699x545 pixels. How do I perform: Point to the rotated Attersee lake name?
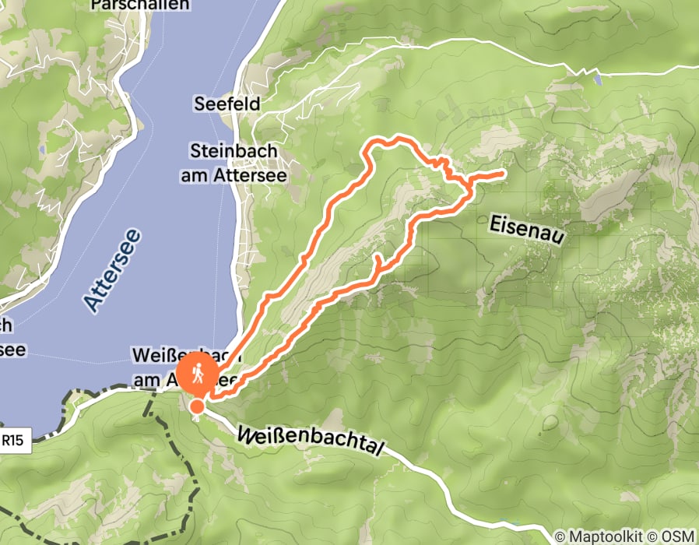pos(113,270)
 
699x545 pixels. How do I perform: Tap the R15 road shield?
pos(12,440)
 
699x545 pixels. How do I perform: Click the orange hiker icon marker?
pos(197,374)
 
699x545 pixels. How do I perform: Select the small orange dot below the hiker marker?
pos(197,406)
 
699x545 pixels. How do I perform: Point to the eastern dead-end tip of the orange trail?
pos(504,173)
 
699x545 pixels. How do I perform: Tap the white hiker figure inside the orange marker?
pos(197,373)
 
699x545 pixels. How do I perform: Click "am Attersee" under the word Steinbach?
pos(234,176)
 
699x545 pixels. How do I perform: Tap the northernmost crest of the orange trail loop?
pos(399,138)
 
